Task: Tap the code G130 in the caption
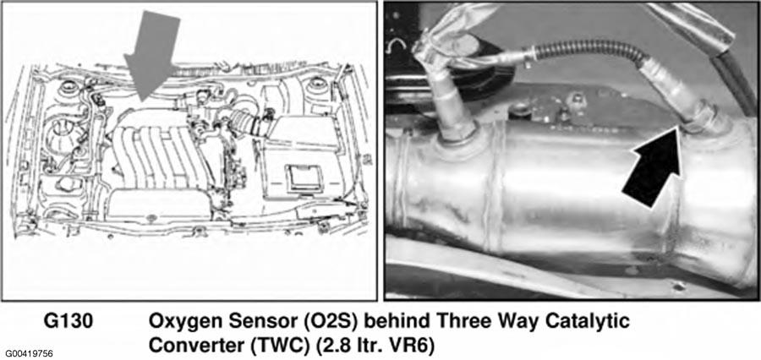[x=69, y=322]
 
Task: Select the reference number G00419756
[x=29, y=352]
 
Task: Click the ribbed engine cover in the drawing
[x=153, y=155]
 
